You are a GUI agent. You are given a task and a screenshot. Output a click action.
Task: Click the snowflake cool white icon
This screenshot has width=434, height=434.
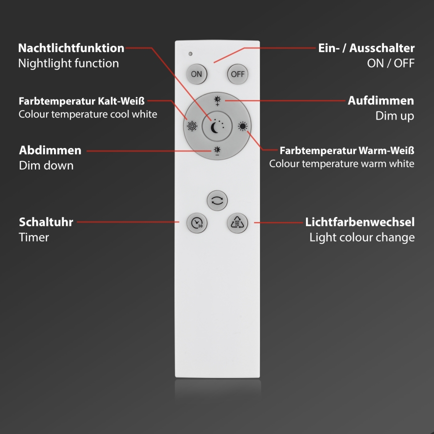192,126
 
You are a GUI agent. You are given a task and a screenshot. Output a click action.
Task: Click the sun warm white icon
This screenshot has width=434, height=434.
242,126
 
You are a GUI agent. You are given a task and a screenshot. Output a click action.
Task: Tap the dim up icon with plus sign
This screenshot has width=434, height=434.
217,100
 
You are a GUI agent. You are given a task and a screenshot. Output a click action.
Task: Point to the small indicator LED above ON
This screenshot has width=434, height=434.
189,53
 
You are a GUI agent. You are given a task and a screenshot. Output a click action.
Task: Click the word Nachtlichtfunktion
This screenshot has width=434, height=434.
71,48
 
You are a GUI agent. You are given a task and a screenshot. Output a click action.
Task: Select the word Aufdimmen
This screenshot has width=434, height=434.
380,100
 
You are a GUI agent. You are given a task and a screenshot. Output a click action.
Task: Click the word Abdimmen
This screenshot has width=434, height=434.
50,150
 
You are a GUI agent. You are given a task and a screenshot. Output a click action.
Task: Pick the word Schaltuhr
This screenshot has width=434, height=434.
46,221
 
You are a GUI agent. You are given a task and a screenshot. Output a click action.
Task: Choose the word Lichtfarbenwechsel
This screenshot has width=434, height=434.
359,221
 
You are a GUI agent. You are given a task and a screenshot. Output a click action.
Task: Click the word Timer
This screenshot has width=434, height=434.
34,237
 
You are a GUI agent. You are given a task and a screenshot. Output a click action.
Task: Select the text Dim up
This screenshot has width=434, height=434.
394,116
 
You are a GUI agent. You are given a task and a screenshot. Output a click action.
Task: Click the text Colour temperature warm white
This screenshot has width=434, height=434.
341,163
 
